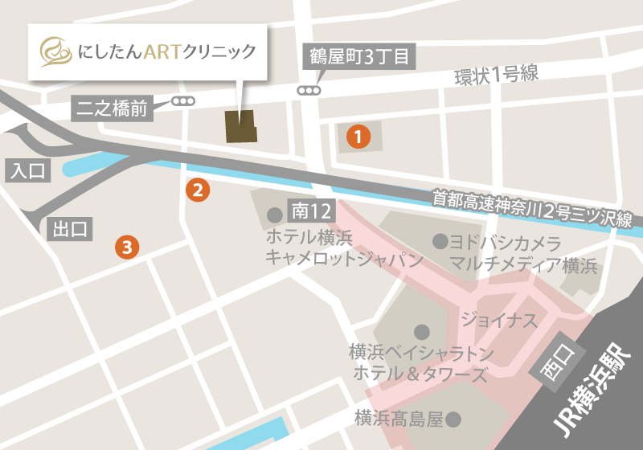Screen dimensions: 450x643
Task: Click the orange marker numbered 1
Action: [358, 137]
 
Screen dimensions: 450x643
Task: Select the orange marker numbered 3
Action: [127, 247]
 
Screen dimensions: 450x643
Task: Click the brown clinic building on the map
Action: [240, 126]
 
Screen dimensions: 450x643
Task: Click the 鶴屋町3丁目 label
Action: [360, 57]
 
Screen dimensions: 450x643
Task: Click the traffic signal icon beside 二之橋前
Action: [183, 102]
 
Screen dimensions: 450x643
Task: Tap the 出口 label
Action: [69, 229]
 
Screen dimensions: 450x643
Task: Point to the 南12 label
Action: [312, 212]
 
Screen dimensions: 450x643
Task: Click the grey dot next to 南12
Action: [275, 215]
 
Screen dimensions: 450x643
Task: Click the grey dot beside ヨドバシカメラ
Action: [440, 240]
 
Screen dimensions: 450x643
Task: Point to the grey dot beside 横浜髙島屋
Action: [454, 419]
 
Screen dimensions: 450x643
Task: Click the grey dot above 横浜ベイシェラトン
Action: [420, 331]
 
